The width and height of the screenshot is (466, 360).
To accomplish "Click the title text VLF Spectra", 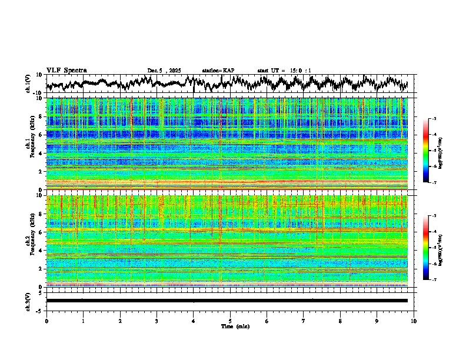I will [x=66, y=70].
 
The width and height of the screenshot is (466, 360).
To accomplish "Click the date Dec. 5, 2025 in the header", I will [x=164, y=71].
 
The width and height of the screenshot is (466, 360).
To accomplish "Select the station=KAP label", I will [x=218, y=71].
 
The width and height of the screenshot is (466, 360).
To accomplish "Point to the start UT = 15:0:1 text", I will [x=284, y=71].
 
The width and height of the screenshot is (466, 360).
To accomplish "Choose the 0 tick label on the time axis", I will [x=46, y=321].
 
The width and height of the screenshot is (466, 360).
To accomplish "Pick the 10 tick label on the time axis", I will [x=414, y=321].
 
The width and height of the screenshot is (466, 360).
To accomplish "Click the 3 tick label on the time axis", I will [x=157, y=321].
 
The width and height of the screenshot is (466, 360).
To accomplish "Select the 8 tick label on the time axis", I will [x=340, y=321].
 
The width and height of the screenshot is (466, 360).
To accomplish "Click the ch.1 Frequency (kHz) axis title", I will [x=31, y=144].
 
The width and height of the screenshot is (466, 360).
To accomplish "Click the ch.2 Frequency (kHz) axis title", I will [x=31, y=241].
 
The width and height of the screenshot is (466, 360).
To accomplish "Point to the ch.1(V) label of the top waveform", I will [x=28, y=84].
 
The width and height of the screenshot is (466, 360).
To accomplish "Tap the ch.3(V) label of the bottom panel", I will [x=28, y=301].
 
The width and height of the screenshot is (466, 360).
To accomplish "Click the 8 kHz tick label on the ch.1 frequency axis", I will [x=42, y=116].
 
